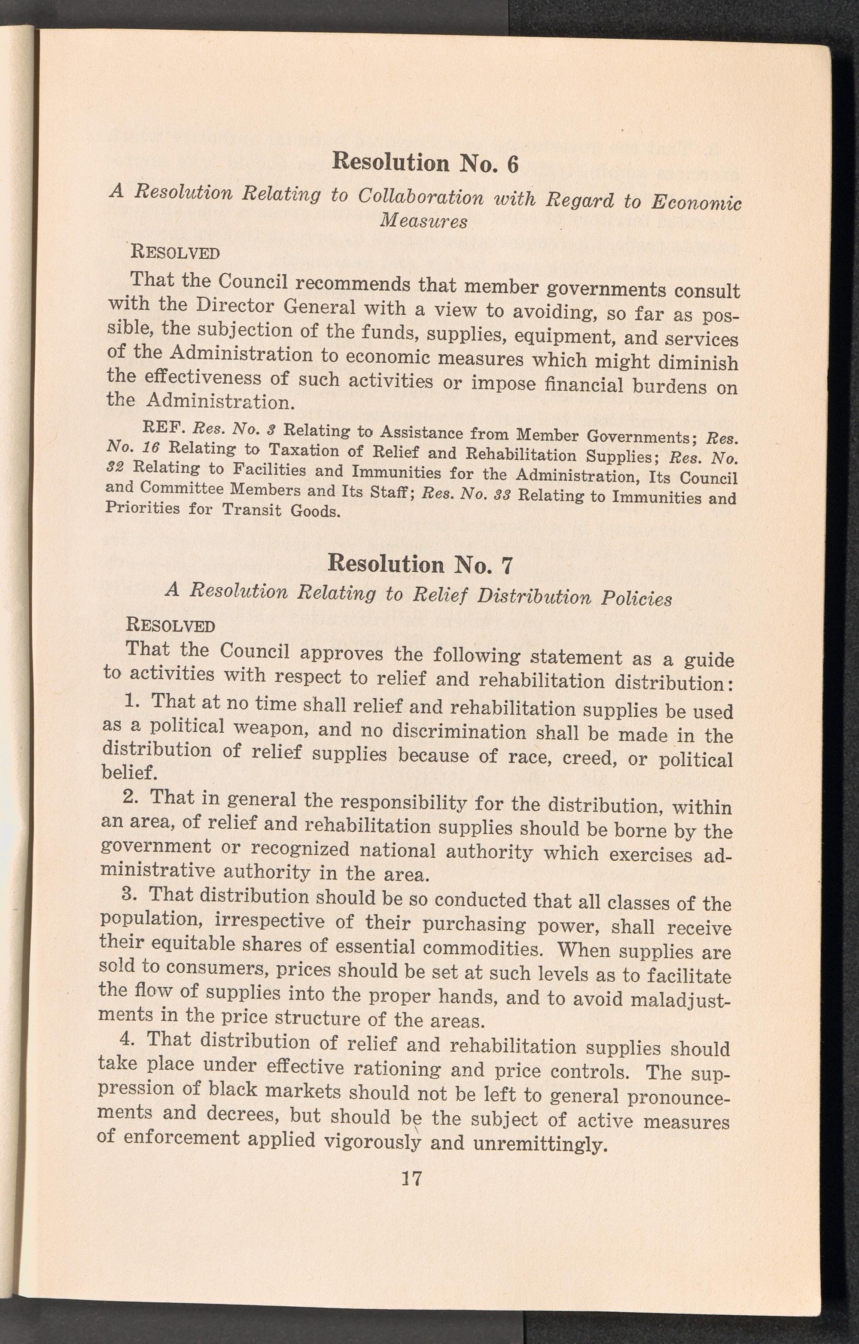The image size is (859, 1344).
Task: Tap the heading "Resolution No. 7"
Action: pos(420,564)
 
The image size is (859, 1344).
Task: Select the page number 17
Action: pos(411,1179)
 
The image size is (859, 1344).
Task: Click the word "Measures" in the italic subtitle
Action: pos(423,221)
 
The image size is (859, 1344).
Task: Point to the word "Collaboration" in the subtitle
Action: pos(420,197)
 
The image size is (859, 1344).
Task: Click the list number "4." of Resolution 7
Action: pos(128,1040)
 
